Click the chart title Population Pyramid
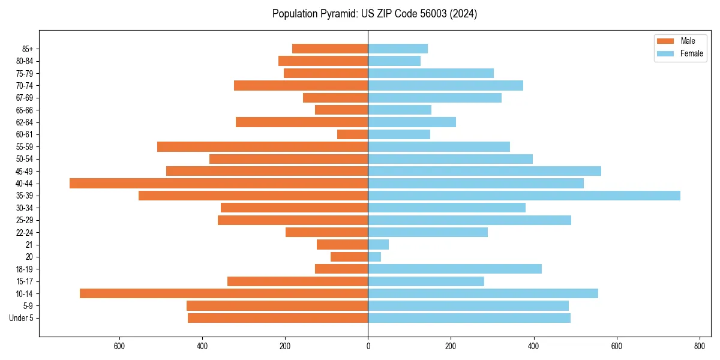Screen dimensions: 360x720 click(x=374, y=14)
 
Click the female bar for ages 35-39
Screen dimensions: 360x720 click(x=524, y=196)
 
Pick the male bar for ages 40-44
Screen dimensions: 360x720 click(x=218, y=184)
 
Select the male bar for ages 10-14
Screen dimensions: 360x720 click(x=224, y=293)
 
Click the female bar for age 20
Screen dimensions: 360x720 click(x=374, y=257)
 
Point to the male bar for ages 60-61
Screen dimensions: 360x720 click(x=353, y=134)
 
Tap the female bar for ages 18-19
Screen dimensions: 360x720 click(x=455, y=269)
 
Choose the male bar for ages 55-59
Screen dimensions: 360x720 click(x=262, y=147)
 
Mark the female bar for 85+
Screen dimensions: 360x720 click(x=398, y=49)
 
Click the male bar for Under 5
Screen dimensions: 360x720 click(x=278, y=318)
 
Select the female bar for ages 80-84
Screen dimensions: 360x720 click(x=394, y=61)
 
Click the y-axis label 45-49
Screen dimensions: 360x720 click(x=25, y=172)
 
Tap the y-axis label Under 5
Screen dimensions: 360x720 click(x=21, y=318)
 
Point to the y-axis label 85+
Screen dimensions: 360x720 click(x=28, y=49)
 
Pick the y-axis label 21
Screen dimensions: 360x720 click(x=29, y=245)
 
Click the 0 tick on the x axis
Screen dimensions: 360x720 click(x=368, y=346)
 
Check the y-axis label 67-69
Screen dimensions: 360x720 click(x=25, y=98)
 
